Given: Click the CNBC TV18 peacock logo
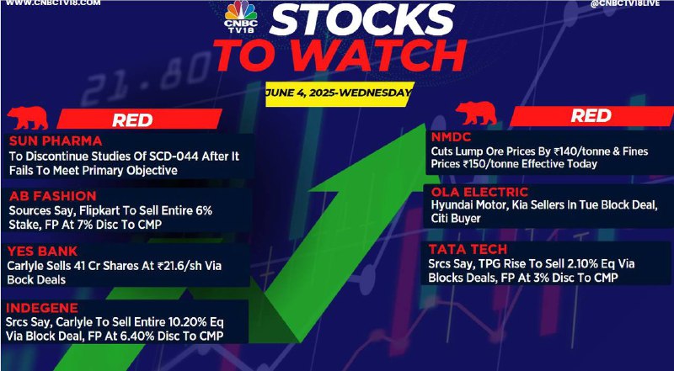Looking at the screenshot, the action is pos(241,17).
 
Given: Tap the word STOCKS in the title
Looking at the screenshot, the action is pos(362,20).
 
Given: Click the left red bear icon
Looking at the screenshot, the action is pos(28,118).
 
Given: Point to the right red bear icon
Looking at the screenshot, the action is pos(476,114).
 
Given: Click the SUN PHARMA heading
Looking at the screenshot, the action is pos(56,140).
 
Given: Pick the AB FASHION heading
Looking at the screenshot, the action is pos(52,196).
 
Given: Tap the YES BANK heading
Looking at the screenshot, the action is pos(42,251).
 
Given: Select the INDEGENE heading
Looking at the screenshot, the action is pos(42,308).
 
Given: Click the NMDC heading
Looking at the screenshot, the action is pos(452,137).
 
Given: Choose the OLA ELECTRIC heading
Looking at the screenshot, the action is pos(479,192).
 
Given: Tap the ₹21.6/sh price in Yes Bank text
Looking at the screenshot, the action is pos(176,266).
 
